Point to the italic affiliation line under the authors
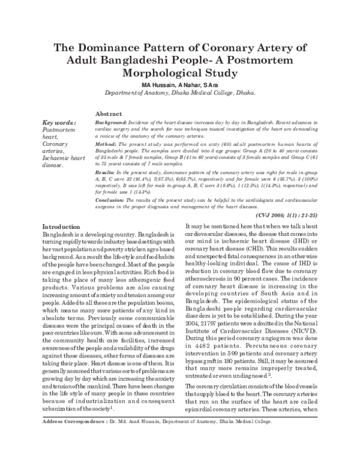[x=180, y=94]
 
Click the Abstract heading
[x=109, y=114]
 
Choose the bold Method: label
[x=106, y=145]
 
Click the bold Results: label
[x=107, y=172]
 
